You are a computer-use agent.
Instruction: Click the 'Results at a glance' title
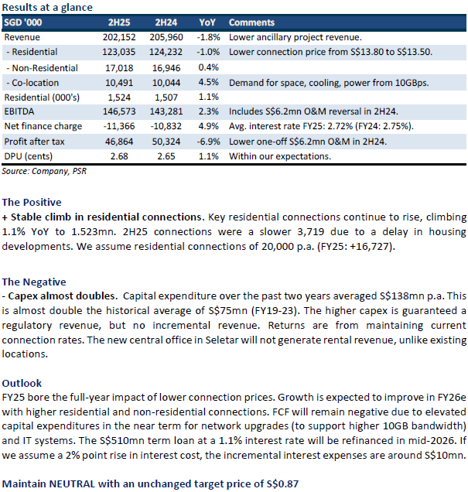[48, 7]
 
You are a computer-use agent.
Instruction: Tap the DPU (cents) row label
[29, 155]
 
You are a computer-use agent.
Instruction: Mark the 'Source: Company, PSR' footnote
[44, 170]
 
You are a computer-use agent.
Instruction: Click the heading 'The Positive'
[32, 202]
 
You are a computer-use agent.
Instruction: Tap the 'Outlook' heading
[21, 383]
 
